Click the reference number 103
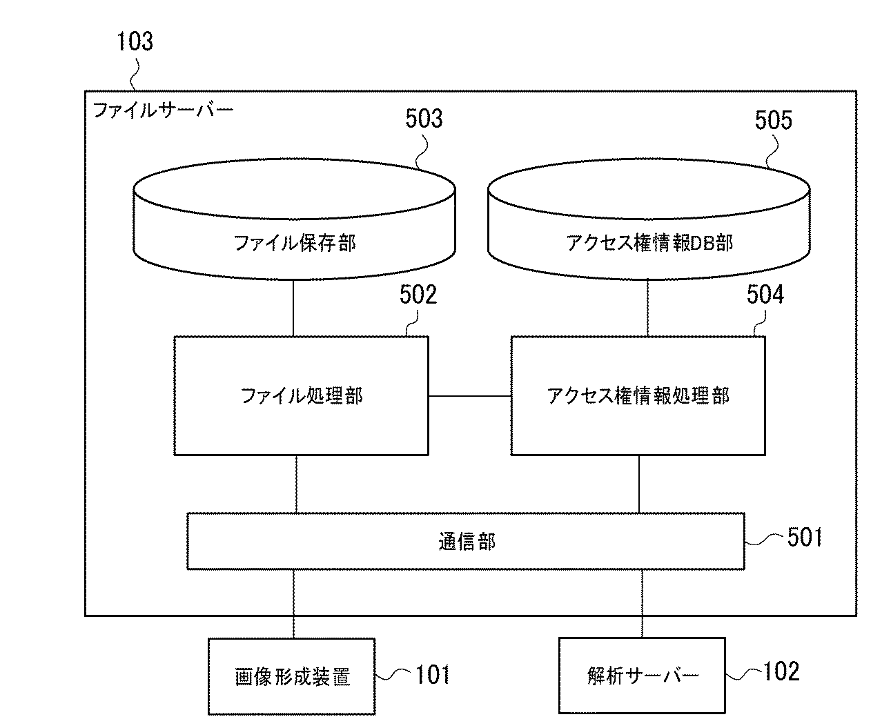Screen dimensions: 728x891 135,41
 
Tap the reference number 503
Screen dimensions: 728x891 423,119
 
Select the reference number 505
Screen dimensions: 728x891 773,121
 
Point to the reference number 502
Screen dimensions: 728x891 418,295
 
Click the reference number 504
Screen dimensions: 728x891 765,295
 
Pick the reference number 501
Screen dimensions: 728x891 805,538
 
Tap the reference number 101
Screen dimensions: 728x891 433,674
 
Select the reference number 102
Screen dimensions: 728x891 781,671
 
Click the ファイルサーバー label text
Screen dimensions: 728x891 163,110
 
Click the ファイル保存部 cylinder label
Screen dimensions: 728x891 295,243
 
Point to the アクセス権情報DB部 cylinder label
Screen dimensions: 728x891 649,243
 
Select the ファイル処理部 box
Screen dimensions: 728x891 301,396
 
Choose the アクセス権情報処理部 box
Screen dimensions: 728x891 638,396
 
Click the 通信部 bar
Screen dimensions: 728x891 466,542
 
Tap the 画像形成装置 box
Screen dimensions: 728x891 291,676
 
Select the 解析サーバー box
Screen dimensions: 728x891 642,676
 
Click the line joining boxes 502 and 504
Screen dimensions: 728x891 469,396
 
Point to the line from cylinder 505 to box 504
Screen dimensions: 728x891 648,308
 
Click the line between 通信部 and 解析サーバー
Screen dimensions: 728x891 643,603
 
